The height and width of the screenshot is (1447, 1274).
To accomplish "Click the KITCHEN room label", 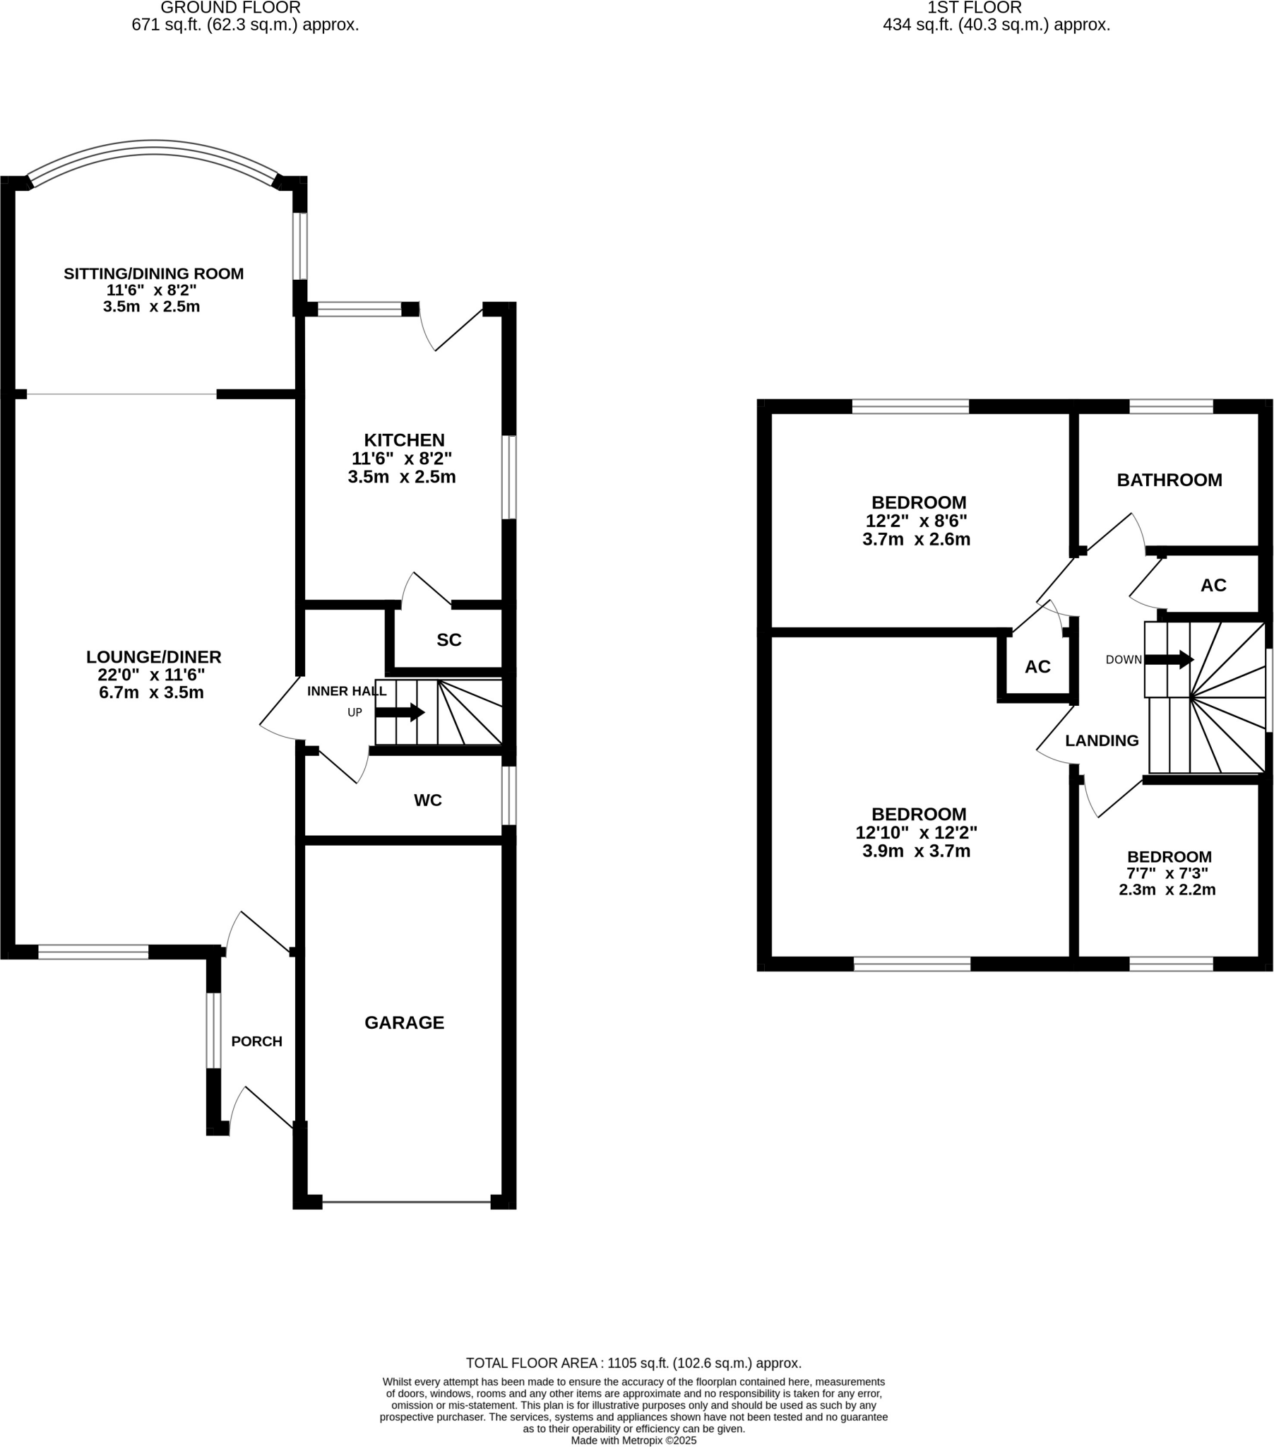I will tap(404, 439).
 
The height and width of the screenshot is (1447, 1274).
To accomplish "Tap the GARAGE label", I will tap(404, 1022).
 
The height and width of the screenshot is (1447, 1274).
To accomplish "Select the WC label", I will tap(427, 800).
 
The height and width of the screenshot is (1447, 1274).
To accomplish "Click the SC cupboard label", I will tap(448, 640).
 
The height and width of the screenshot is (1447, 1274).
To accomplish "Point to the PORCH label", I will tap(256, 1041).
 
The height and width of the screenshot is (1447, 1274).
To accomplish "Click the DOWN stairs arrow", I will tap(1169, 660).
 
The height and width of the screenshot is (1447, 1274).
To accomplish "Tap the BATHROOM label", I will tap(1169, 480).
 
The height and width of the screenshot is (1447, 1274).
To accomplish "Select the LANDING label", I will tap(1101, 740).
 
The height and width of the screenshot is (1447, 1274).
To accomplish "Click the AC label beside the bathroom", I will tap(1213, 586).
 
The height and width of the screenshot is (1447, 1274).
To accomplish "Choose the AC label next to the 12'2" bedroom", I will tap(1037, 667).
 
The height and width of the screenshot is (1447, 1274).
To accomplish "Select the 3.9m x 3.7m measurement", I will tap(916, 851).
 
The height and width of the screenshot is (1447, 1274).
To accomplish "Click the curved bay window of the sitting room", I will tap(153, 149).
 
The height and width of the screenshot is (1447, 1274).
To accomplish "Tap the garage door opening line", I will tap(406, 1201).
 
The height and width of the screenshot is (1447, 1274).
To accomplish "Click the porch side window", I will tap(213, 1030).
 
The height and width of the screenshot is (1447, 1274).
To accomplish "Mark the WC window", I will tap(509, 796).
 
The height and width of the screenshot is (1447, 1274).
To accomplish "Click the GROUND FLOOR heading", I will tap(231, 8).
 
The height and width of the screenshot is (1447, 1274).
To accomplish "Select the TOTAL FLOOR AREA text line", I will tap(633, 1363).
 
